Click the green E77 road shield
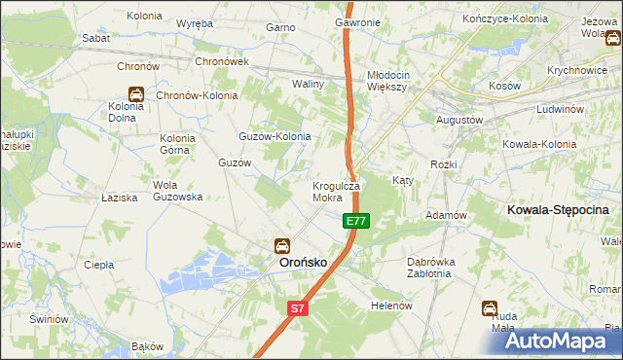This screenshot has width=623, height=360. point(356,222)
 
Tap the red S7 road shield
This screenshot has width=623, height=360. point(299,308)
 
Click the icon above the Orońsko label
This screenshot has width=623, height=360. point(281,245)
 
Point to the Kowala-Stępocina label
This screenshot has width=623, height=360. point(559,209)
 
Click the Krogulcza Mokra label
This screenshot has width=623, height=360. point(336,191)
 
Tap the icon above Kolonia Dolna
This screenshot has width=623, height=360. point(137,94)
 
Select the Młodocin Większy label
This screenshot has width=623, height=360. point(392,80)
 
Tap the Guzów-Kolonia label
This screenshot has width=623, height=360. point(275,136)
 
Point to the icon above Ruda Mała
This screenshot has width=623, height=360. point(490,308)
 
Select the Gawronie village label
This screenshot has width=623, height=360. point(357,21)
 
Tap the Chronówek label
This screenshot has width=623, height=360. point(223,60)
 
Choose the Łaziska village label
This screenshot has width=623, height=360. point(120,197)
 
